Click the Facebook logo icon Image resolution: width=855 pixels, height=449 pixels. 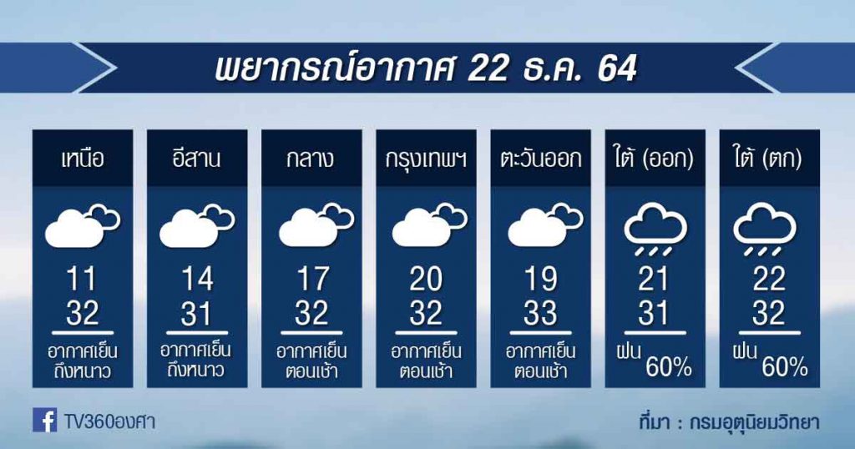[45, 420]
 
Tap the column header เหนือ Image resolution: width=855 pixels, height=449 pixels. [83, 159]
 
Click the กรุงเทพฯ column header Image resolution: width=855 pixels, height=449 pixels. [426, 159]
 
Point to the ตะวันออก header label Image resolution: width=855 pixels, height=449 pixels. [540, 159]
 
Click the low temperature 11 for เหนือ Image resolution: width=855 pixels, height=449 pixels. [82, 280]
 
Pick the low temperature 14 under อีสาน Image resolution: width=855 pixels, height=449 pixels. [197, 280]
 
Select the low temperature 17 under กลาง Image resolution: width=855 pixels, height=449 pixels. [312, 280]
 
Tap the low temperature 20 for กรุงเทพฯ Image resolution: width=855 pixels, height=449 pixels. [426, 280]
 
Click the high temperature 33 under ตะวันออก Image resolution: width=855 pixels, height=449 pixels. [540, 313]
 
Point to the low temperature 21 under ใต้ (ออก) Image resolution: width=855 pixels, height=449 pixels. [653, 280]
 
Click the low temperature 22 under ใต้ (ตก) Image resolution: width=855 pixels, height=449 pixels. [769, 280]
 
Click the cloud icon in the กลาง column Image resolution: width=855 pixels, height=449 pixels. [316, 224]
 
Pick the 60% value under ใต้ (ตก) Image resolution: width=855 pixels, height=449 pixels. [785, 368]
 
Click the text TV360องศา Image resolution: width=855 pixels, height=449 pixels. [109, 421]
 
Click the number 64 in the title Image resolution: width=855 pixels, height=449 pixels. [617, 69]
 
